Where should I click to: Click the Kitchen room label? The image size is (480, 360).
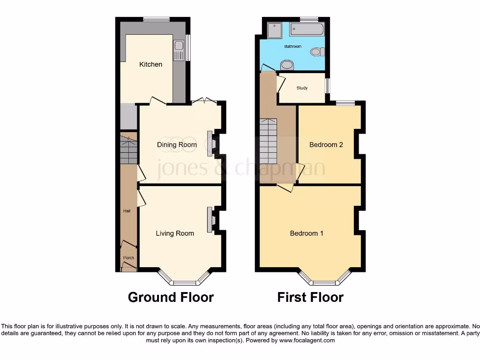pos(150,64)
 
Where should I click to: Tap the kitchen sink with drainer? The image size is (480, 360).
pos(178,51)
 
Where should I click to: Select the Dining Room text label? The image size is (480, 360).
pos(177,144)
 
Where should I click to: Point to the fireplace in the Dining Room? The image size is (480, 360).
pos(210,142)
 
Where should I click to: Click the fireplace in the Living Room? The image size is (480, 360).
pos(210,219)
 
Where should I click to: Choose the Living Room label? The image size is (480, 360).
pos(175,233)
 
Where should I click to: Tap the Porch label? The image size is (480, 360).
pos(128,258)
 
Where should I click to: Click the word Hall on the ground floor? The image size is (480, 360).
pos(127,211)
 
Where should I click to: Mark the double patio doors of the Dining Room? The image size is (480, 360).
pos(204,100)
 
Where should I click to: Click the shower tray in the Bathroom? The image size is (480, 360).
pos(273,30)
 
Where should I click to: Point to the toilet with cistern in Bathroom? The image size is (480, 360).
pos(318,52)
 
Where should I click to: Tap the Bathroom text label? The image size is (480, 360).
pos(293,46)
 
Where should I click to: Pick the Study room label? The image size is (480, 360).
pos(302,88)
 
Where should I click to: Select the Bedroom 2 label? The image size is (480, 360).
pos(326,144)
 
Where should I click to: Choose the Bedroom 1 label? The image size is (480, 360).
pos(307,233)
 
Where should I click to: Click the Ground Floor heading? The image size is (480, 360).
pos(171,297)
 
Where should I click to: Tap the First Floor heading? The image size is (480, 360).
pos(310,297)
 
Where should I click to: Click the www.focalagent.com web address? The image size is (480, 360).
pos(307,340)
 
